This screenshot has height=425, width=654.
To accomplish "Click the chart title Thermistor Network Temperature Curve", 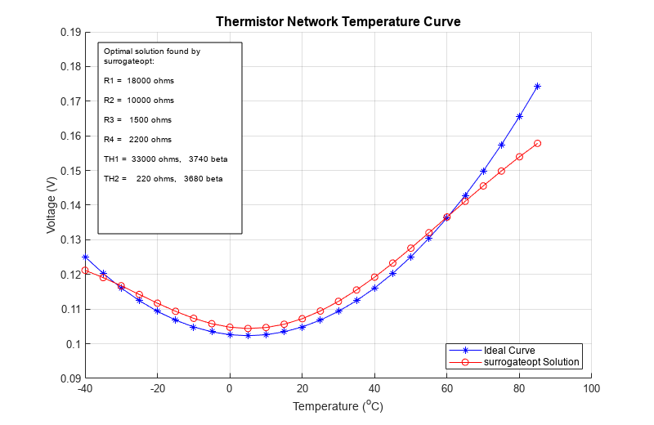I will pos(338,22).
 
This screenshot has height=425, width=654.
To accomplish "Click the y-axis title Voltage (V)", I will pos(52,205).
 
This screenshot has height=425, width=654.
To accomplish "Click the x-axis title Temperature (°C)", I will pos(338,405).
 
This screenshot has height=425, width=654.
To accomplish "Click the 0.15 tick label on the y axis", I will pos(69,171).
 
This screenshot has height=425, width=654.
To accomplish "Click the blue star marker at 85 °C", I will pos(537,86).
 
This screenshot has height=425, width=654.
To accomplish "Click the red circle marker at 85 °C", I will pos(537,143).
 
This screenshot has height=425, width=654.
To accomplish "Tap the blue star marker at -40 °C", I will pos(85,257).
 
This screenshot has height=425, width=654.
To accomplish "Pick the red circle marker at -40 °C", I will pos(85,270).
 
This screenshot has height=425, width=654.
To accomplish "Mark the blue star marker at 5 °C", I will pos(248,335).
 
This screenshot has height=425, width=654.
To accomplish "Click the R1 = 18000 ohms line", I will pos(139,81).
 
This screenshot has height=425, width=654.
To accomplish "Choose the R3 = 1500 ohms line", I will pos(138,119).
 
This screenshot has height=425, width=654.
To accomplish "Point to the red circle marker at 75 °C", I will pos(501,171).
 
